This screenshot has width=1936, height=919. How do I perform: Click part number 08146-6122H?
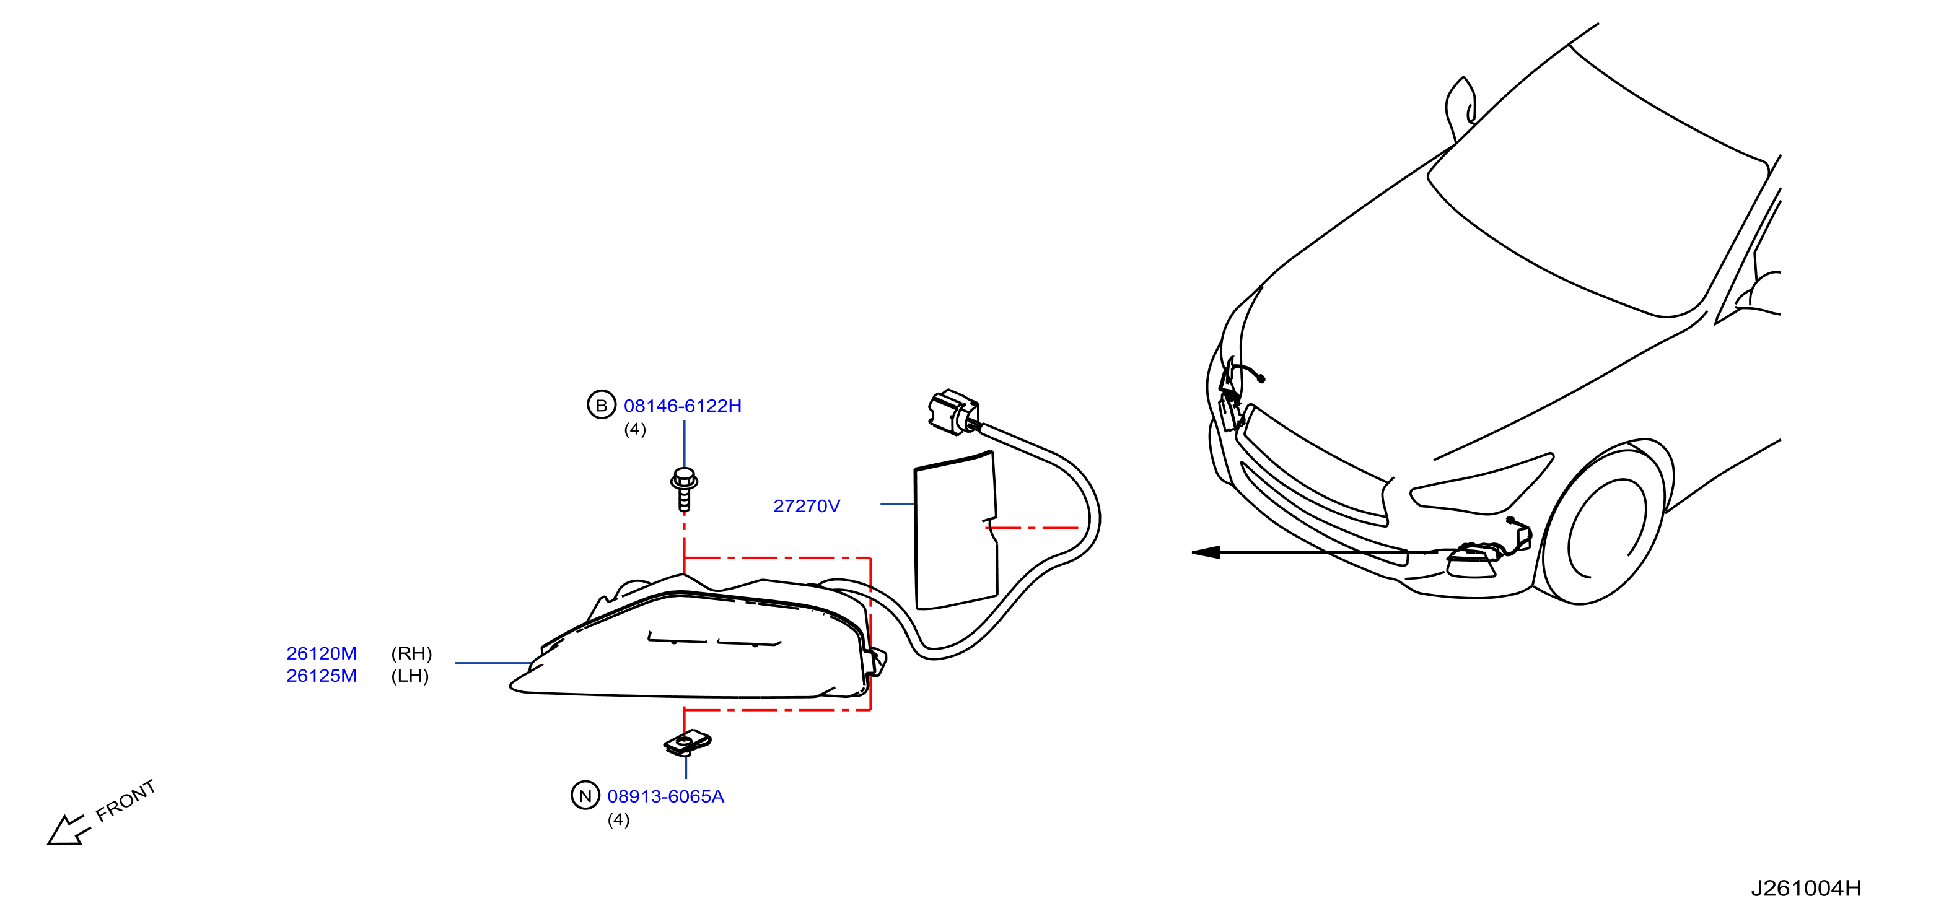(x=683, y=406)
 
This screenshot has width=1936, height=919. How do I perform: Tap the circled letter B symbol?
(x=601, y=405)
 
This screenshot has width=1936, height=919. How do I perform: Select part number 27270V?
(x=807, y=506)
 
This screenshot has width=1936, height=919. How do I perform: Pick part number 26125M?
(x=322, y=676)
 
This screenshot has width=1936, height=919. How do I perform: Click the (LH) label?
(x=410, y=676)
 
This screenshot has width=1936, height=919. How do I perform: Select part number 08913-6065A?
(x=666, y=796)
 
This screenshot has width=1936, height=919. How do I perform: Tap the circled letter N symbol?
(x=585, y=795)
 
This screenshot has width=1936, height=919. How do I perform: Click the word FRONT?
(x=126, y=800)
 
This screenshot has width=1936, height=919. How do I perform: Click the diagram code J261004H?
(x=1806, y=888)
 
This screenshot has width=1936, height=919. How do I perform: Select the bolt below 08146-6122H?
(x=684, y=489)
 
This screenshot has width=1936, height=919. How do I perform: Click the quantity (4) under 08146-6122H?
(x=635, y=429)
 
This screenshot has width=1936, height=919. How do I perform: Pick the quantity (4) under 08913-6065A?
(x=618, y=819)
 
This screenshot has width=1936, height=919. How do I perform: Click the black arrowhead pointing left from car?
(x=1206, y=552)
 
